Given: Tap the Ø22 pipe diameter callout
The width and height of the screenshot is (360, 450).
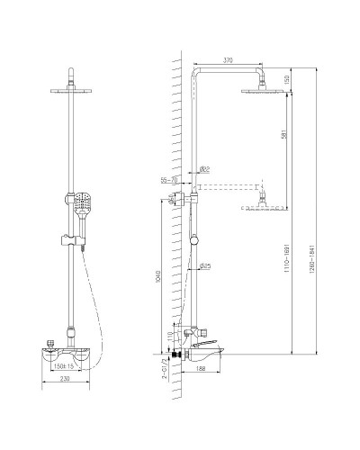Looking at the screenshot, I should coord(204,168).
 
